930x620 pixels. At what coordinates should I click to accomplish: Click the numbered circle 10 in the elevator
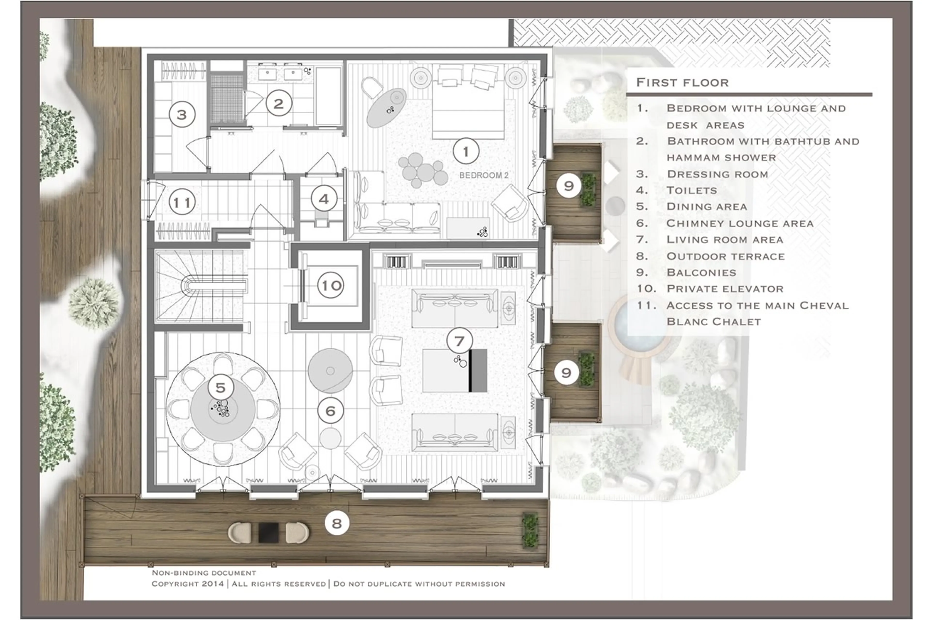(x=330, y=285)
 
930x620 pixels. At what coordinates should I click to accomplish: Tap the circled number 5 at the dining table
(x=221, y=387)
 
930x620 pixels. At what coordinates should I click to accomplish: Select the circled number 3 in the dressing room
(x=182, y=114)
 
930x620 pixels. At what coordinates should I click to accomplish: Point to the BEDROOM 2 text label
(x=483, y=175)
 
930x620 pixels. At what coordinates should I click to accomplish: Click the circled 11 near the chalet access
(x=182, y=203)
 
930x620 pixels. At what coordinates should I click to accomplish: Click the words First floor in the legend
(x=682, y=83)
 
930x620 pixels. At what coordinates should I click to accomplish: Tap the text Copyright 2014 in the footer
(x=187, y=584)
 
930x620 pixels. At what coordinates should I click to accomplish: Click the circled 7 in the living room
(x=459, y=340)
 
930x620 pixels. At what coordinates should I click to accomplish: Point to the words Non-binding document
(x=204, y=573)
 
